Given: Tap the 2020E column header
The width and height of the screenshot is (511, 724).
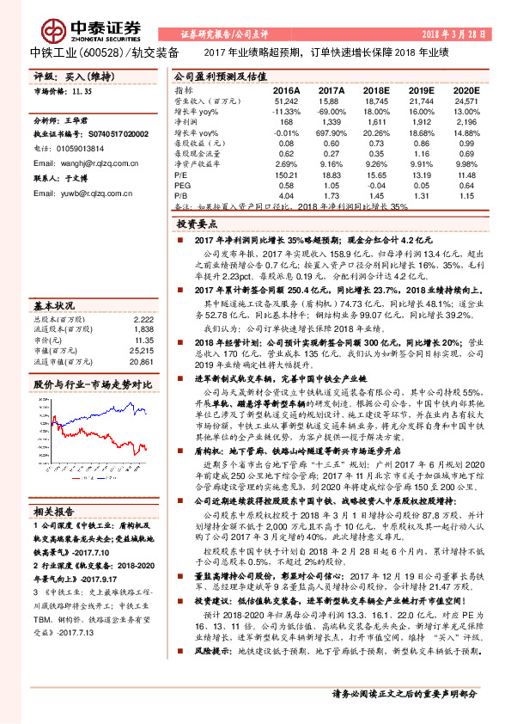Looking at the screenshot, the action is pyautogui.click(x=465, y=89).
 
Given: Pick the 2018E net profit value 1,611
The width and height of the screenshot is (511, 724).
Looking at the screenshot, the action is pyautogui.click(x=375, y=123).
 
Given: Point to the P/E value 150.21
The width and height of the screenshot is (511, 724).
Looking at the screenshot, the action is pyautogui.click(x=285, y=175).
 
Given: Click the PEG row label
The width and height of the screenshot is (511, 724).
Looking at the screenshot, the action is pyautogui.click(x=182, y=185).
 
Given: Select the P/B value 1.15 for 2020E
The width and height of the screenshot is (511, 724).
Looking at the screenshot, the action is pyautogui.click(x=470, y=196).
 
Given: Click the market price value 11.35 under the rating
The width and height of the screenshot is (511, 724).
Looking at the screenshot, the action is pyautogui.click(x=82, y=89).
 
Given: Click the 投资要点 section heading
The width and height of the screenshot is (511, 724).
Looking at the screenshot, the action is pyautogui.click(x=202, y=222).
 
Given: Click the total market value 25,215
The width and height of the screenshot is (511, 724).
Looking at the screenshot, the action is pyautogui.click(x=142, y=352).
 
